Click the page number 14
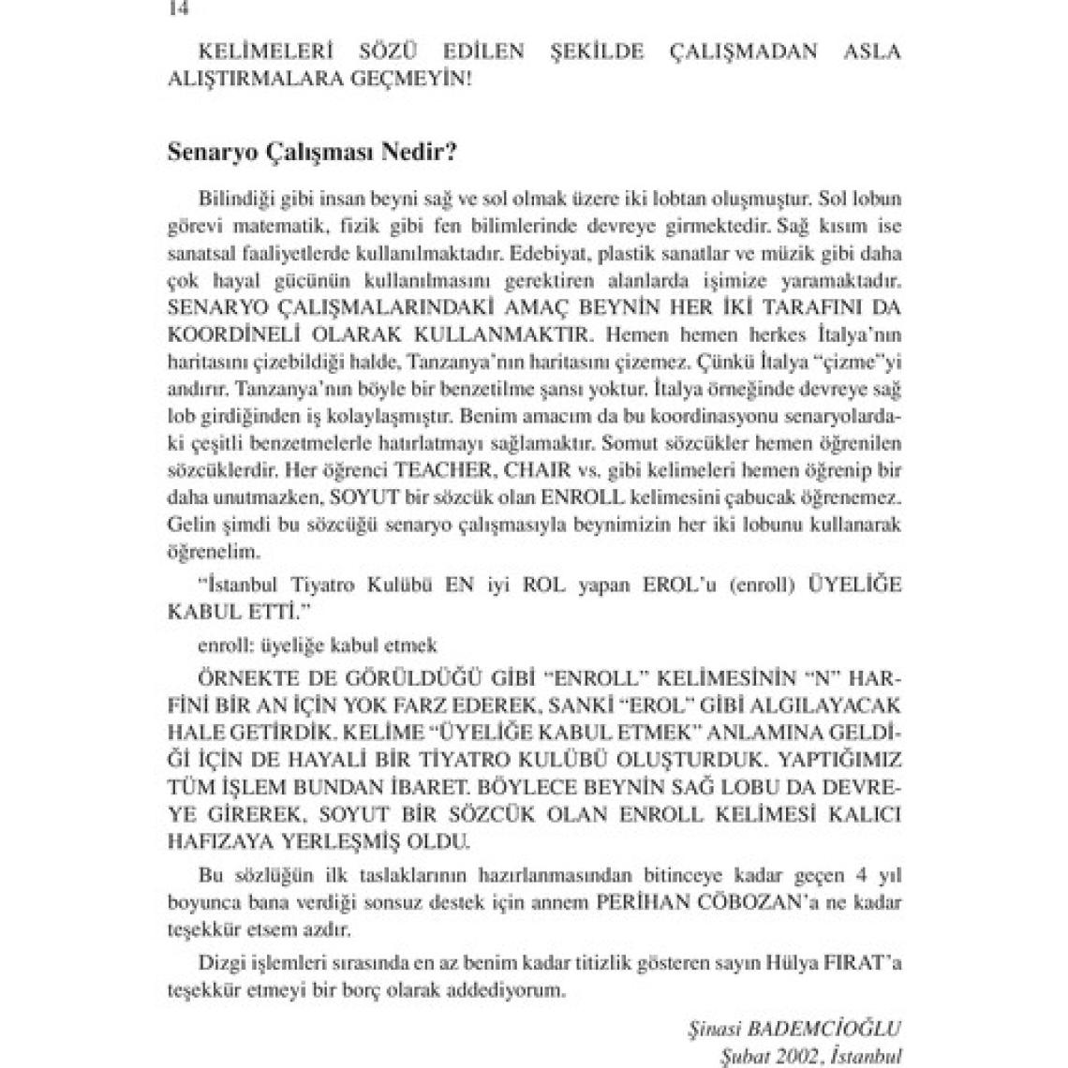pos(174,8)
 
